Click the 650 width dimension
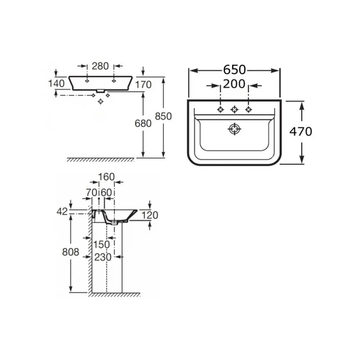coord(234,70)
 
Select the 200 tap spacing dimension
coord(234,84)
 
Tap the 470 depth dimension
coord(301,132)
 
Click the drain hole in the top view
coord(234,129)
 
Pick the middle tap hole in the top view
coord(234,109)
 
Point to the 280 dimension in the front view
coord(100,66)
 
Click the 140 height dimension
coord(56,84)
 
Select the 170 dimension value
coord(143,85)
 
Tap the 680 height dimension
coord(143,123)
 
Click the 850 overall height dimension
coord(163,116)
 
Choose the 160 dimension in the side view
coord(106,177)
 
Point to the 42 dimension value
coord(62,212)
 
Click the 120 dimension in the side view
coord(150,215)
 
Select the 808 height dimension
coord(71,252)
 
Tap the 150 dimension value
coord(101,245)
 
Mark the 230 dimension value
coord(103,257)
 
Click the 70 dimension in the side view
coord(91,192)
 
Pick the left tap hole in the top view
coord(220,109)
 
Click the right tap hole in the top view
coord(248,109)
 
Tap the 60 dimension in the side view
coord(106,192)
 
